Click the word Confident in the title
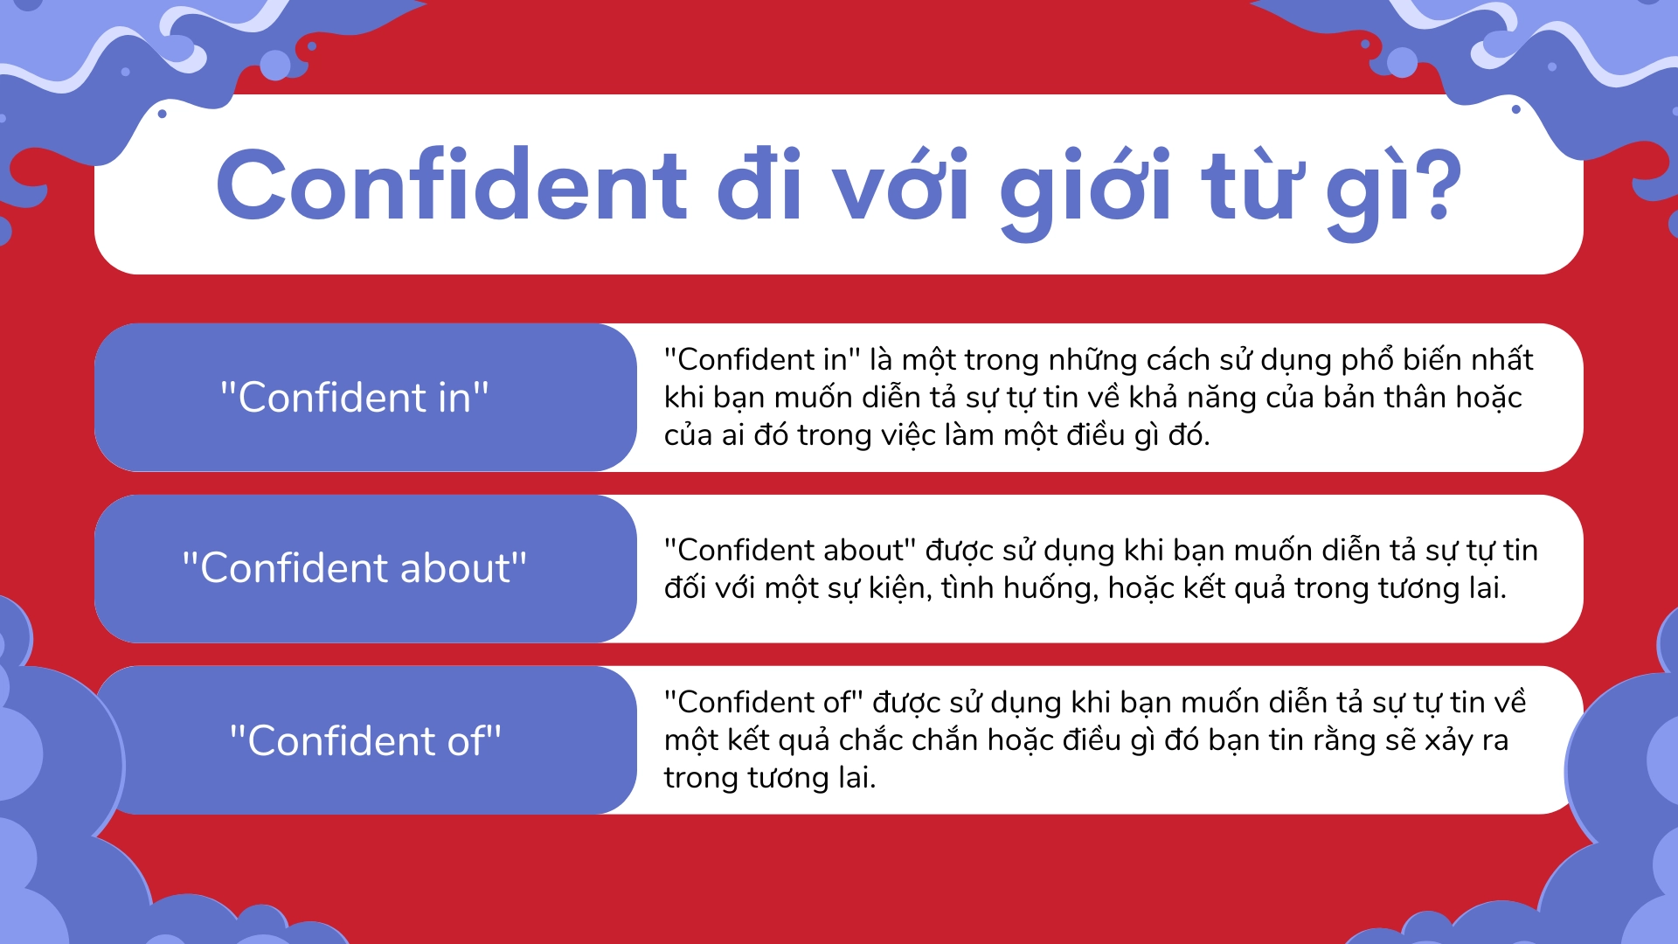[x=452, y=185]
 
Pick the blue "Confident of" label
[x=364, y=741]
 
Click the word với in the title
[x=900, y=185]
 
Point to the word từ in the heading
[x=1248, y=185]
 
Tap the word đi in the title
[x=759, y=185]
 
